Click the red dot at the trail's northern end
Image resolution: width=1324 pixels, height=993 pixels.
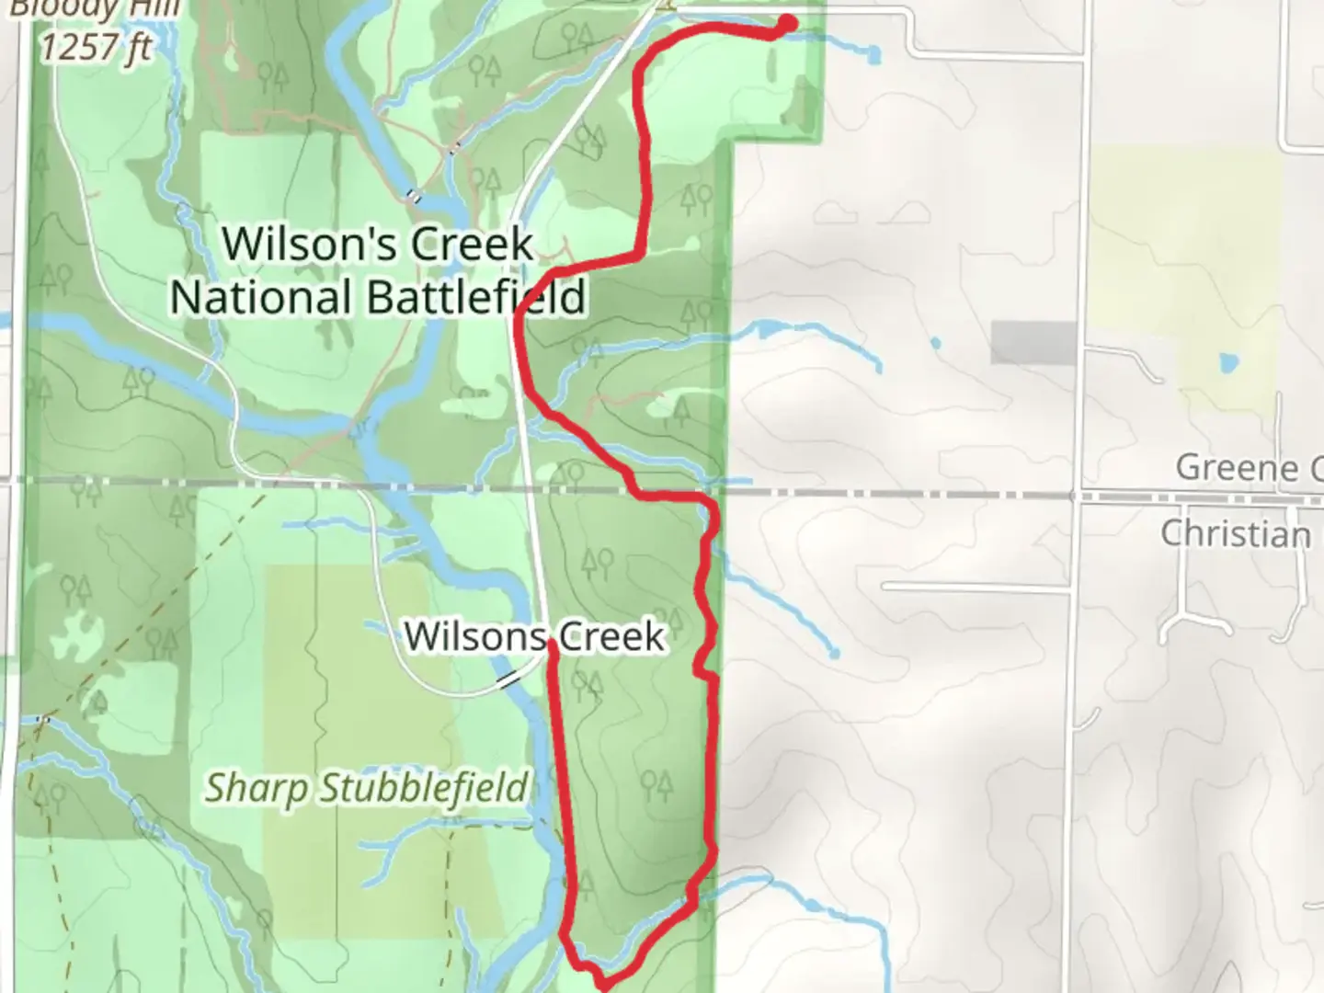pyautogui.click(x=788, y=23)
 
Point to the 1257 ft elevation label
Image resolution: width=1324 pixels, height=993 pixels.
pyautogui.click(x=96, y=45)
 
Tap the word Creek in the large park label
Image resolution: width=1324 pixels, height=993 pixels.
pyautogui.click(x=471, y=245)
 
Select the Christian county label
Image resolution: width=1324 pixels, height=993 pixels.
pyautogui.click(x=1235, y=533)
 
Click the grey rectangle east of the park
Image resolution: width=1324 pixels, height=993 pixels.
pyautogui.click(x=1033, y=343)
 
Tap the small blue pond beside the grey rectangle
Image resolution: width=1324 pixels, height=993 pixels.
pyautogui.click(x=935, y=344)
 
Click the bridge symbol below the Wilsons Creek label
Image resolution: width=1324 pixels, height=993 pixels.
pyautogui.click(x=508, y=680)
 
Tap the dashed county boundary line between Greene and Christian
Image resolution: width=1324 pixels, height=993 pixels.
pyautogui.click(x=919, y=495)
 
